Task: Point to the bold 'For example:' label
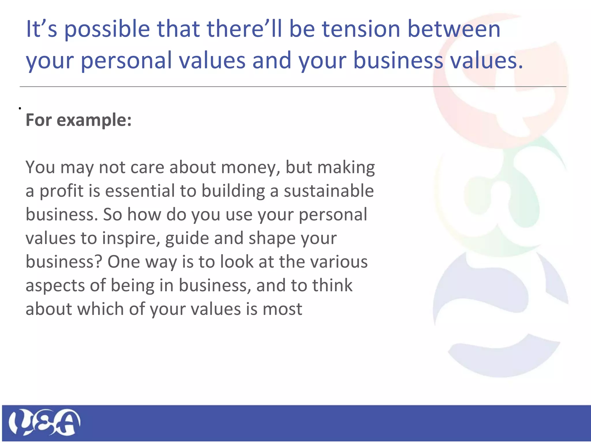(x=78, y=120)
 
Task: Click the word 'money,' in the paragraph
(x=251, y=168)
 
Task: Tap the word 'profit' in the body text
(x=61, y=192)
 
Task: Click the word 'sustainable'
(x=329, y=191)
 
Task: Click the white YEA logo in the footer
(x=44, y=422)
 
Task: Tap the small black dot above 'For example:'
(x=20, y=108)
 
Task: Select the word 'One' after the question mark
(x=124, y=262)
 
